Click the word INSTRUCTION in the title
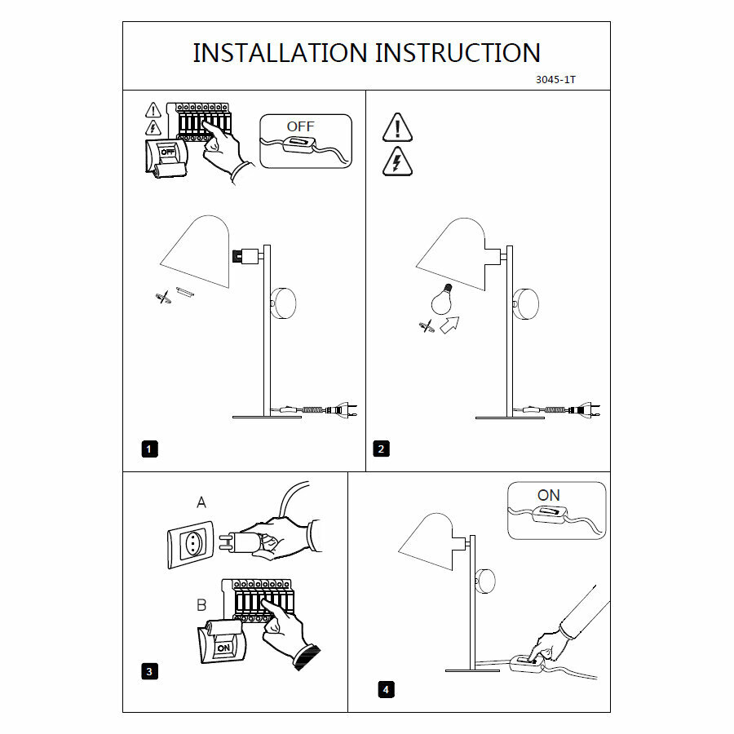point(458,53)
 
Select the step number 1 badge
point(149,448)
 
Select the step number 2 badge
point(381,448)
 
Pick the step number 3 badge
point(149,671)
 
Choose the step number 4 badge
point(386,690)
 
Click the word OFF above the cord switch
point(300,126)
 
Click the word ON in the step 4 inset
point(549,495)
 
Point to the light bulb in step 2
point(442,301)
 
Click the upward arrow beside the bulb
point(448,326)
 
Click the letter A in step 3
point(201,503)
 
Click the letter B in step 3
point(201,606)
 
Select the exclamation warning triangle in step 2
point(397,128)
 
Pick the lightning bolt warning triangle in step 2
point(397,162)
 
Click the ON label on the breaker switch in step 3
point(223,646)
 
